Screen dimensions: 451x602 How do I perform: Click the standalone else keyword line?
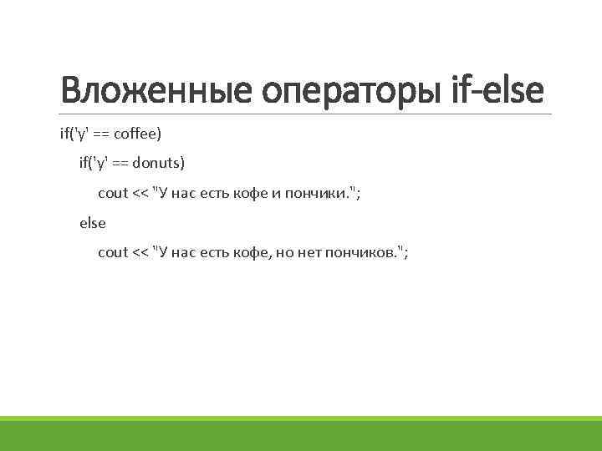(93, 223)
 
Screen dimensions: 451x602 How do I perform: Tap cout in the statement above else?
(113, 193)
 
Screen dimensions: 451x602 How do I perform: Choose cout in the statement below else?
(113, 252)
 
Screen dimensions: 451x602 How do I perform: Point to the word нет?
(301, 252)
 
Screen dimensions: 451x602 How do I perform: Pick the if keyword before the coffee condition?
(64, 133)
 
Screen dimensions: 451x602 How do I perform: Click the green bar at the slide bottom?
(301, 433)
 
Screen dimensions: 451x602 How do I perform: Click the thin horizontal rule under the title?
(301, 114)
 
